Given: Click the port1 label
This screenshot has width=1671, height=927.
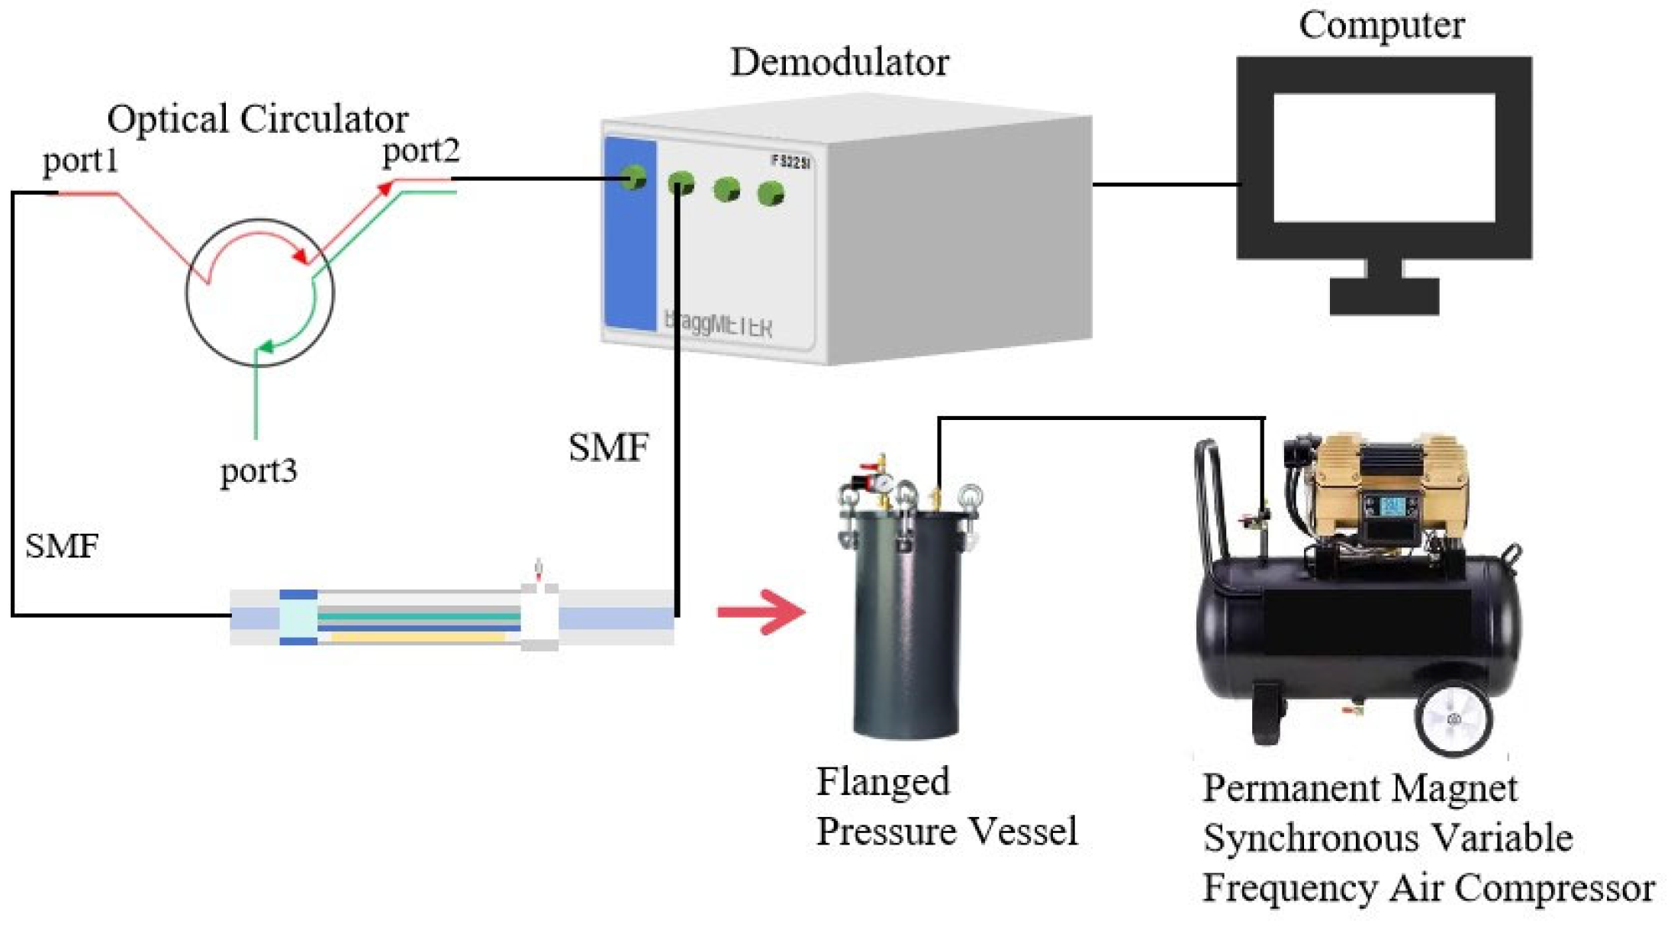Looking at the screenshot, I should [80, 161].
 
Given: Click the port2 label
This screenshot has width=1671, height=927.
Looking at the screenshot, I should [421, 150].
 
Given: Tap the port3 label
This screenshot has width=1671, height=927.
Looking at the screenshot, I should [258, 471].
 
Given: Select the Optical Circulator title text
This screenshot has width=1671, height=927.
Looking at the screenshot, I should [257, 119].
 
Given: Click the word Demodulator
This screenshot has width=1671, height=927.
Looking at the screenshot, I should [839, 63].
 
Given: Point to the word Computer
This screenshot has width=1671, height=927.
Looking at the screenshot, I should [1381, 25].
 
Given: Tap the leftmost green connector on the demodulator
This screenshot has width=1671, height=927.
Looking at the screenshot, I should [633, 178].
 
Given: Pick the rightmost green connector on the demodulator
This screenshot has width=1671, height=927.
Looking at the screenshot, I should [771, 194].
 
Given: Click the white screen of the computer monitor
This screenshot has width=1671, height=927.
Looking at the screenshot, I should [1383, 157].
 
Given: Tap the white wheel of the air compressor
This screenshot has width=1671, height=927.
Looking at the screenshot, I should [1454, 718].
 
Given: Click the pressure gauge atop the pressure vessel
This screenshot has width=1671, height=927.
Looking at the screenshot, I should [882, 483].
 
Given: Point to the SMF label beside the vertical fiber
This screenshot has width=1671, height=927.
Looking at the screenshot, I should [608, 448].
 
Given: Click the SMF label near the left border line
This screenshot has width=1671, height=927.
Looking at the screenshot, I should [61, 547].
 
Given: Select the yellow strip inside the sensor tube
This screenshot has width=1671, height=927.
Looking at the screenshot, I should [418, 636].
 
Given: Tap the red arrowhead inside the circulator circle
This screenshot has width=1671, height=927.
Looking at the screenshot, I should [301, 256].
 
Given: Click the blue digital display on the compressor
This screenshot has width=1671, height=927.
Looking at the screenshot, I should [1393, 506].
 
